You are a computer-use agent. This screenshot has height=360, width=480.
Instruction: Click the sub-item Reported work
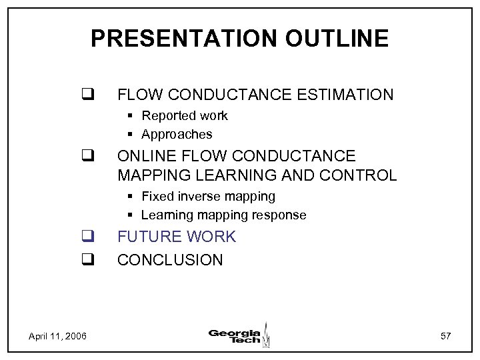[185, 116]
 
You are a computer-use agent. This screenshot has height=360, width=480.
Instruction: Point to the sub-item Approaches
[177, 135]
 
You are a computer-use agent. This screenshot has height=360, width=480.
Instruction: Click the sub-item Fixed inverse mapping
[208, 197]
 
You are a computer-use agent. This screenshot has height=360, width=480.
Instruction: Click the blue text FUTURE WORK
[177, 237]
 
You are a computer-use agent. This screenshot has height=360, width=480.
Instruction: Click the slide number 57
[446, 336]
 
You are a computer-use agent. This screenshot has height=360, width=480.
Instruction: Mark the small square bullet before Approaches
[133, 135]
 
